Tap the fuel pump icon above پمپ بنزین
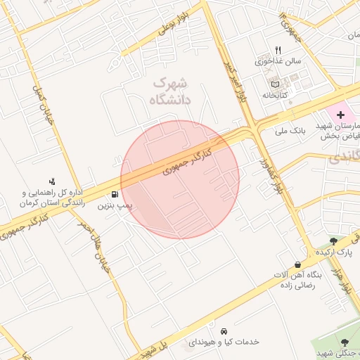pos(115,195)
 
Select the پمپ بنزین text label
pos(115,207)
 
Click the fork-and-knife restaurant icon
pos(278,50)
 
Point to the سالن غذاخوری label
pos(278,61)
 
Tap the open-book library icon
pos(275,84)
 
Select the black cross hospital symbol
pos(340,114)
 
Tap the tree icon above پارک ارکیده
pos(343,240)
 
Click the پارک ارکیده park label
pos(334,252)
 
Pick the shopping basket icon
pos(298,264)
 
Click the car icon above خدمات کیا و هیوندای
pos(224,330)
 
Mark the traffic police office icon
pos(52,181)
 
